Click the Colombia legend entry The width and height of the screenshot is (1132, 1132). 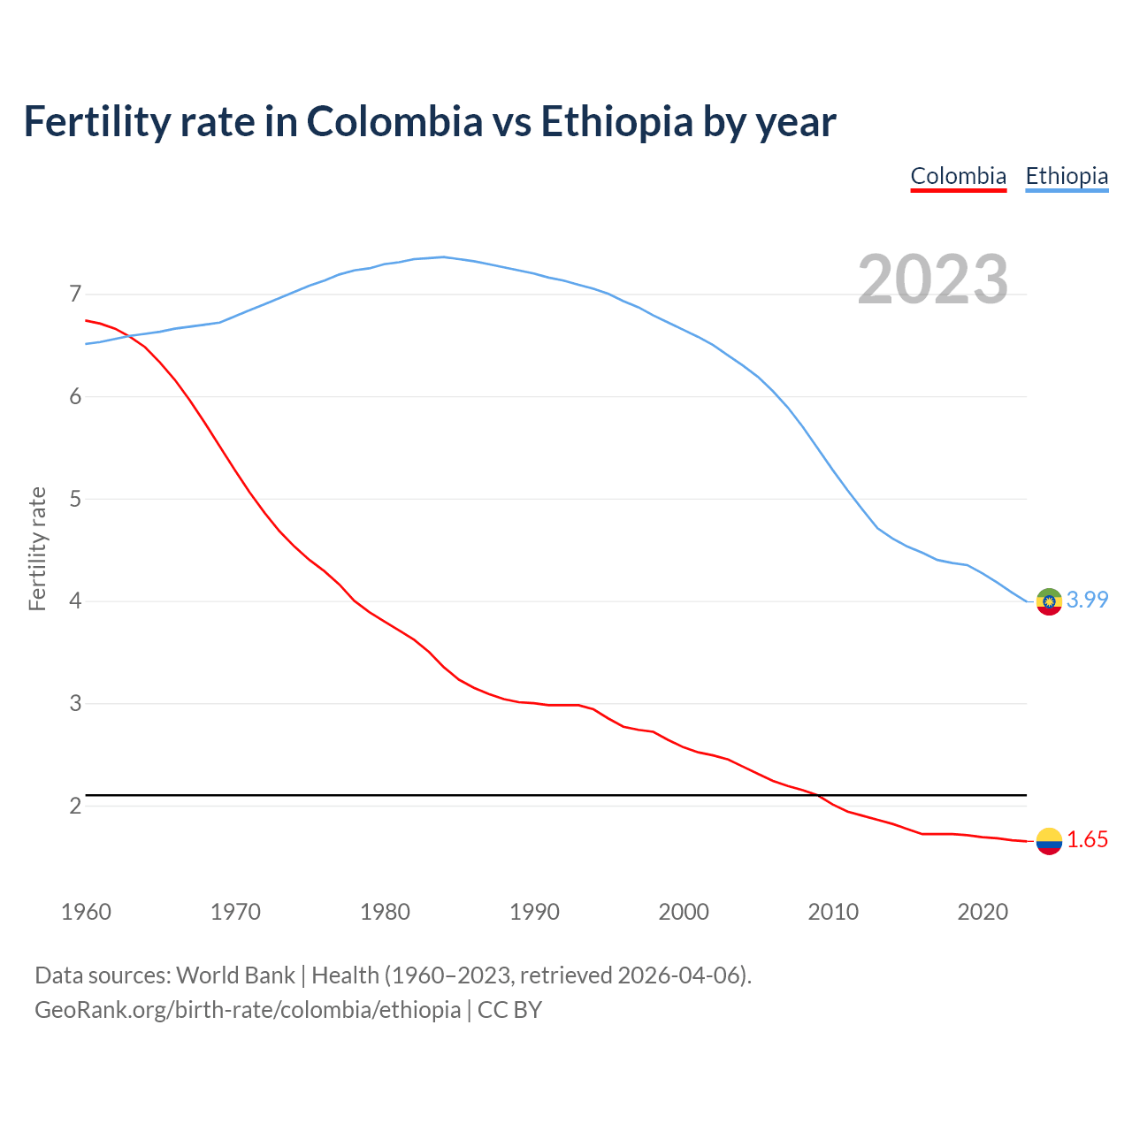click(x=959, y=176)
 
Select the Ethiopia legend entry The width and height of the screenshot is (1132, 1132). click(x=1067, y=176)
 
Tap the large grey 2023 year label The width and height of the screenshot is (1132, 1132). click(x=933, y=279)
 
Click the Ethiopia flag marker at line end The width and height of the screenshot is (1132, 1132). click(x=1049, y=601)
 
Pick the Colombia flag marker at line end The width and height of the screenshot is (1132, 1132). click(x=1049, y=841)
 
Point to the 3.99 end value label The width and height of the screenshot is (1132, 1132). click(x=1087, y=600)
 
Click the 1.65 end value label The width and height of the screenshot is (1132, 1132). click(x=1087, y=840)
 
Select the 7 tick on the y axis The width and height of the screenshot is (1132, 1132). click(x=75, y=294)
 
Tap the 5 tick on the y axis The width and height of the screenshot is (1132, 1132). click(x=75, y=499)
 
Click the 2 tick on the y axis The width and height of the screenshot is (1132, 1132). click(x=75, y=806)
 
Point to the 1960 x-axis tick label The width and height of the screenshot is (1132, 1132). click(x=86, y=912)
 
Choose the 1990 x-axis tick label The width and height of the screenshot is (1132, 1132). click(x=534, y=912)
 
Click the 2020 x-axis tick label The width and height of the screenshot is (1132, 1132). click(x=983, y=912)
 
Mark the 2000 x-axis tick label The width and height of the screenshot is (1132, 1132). click(x=684, y=912)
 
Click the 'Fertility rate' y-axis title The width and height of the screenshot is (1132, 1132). click(x=37, y=548)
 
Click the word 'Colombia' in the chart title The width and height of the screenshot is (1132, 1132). click(x=394, y=121)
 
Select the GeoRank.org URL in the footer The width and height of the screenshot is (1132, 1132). click(x=248, y=1010)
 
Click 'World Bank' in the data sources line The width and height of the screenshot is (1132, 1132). click(x=235, y=975)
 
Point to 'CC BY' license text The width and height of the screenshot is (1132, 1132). click(x=509, y=1010)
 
